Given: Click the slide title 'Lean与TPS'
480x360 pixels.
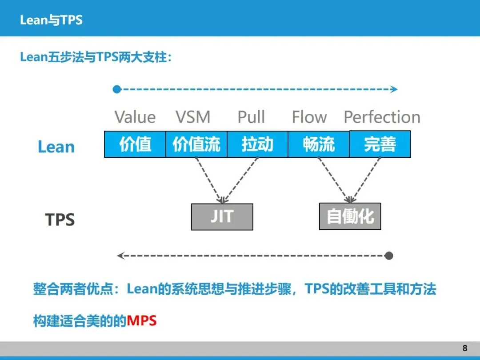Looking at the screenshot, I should (51, 20).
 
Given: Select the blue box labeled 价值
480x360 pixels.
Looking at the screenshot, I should (135, 144).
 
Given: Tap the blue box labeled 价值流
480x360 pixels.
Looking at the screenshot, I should (196, 144).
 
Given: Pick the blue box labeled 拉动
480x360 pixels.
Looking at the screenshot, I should (257, 144).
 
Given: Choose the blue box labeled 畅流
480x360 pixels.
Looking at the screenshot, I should (319, 144).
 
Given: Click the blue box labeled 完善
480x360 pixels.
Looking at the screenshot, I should (380, 144).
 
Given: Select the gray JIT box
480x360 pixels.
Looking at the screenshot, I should (222, 217).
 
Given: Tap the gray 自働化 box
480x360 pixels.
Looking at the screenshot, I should (350, 217).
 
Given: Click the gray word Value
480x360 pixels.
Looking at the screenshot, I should (135, 117).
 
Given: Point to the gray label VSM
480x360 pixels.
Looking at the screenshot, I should (193, 117).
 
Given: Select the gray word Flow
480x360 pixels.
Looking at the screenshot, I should (309, 117).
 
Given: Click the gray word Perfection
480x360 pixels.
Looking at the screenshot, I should (382, 117).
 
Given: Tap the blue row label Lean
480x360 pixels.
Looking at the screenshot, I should (56, 147).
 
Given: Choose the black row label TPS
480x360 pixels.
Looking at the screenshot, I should (60, 220).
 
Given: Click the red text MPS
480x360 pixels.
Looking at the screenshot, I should (142, 320).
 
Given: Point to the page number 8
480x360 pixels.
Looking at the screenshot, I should (465, 348).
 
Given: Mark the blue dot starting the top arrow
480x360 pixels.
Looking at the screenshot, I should (117, 89).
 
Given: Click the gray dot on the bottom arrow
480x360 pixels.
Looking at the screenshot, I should (389, 256).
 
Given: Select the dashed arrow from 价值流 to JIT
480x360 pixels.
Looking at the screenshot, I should (208, 180).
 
